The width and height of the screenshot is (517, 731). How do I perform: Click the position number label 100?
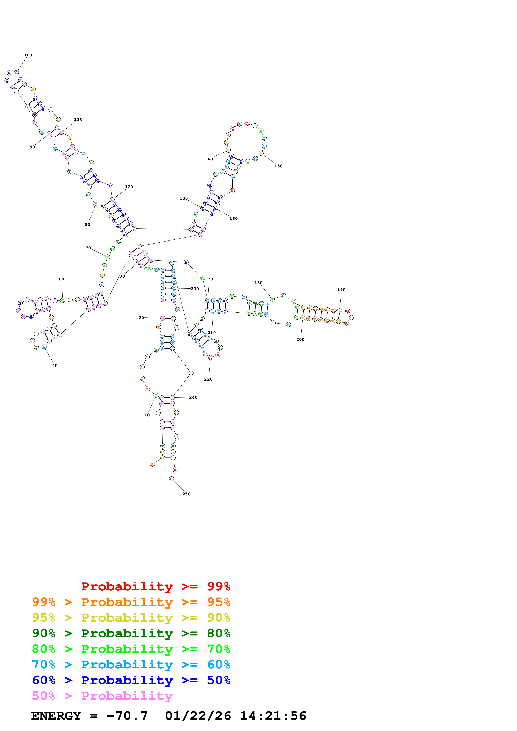[x=28, y=55]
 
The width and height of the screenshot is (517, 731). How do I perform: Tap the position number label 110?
[x=78, y=119]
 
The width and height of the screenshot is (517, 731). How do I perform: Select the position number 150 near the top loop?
[x=278, y=166]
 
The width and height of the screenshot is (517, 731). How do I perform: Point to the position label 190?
[x=341, y=290]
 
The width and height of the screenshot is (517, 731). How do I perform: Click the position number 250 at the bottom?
[x=186, y=494]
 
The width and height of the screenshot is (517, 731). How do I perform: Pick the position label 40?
[x=55, y=365]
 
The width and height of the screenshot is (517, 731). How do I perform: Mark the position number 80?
[x=87, y=224]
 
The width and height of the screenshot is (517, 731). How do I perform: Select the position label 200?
[x=300, y=339]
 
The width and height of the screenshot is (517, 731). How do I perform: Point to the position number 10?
[x=147, y=415]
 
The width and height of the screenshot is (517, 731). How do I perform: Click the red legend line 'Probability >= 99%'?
[x=155, y=586]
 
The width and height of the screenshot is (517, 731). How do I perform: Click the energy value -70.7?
[x=127, y=716]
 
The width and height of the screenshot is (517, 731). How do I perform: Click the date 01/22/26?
[x=198, y=716]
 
